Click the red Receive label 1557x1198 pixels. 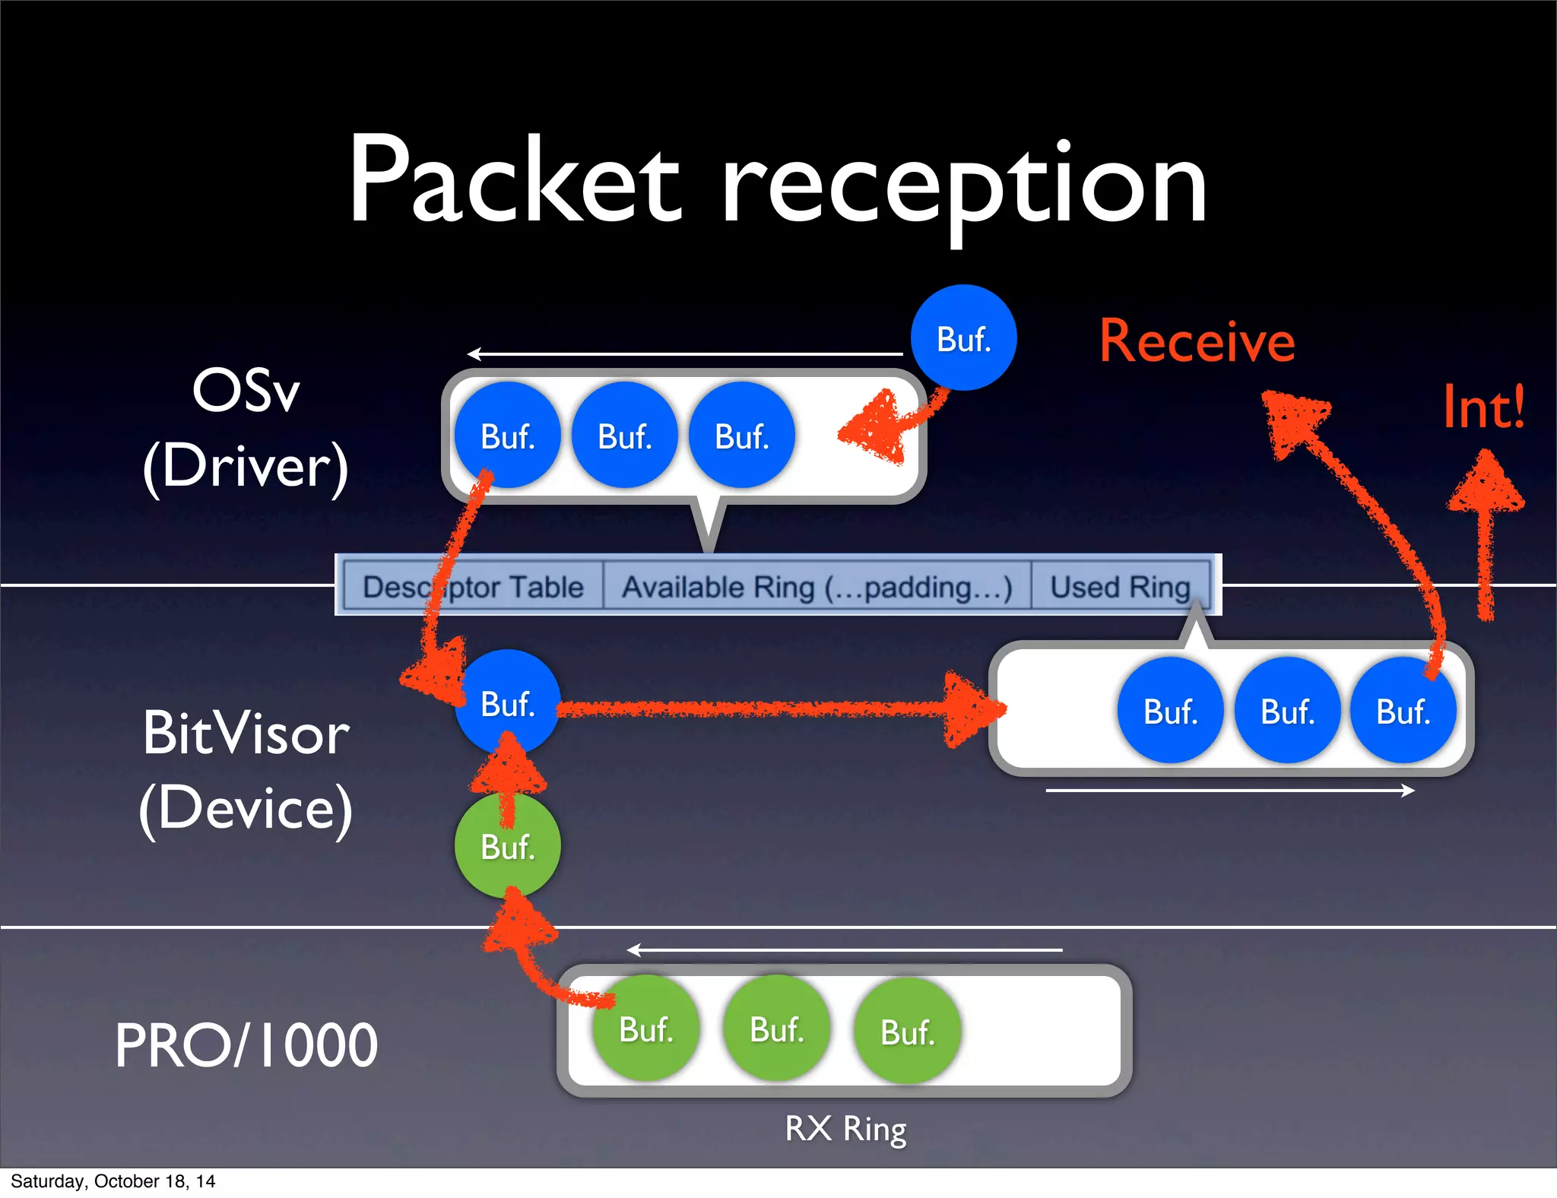pos(1197,342)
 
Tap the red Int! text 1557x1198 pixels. pos(1483,408)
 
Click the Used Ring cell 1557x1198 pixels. pos(1120,587)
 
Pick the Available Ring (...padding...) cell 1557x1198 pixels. pos(817,587)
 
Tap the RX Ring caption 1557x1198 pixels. pos(845,1128)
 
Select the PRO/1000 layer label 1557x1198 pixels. pos(246,1045)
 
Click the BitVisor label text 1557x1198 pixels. pos(246,734)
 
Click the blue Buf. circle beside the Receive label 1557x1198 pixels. pos(963,338)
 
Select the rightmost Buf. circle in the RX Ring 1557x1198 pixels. pos(907,1032)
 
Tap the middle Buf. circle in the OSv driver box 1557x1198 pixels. pos(624,436)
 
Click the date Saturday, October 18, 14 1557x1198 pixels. pos(113,1181)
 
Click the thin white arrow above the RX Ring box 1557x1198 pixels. pos(844,950)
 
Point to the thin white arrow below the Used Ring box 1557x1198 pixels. pos(1229,791)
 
